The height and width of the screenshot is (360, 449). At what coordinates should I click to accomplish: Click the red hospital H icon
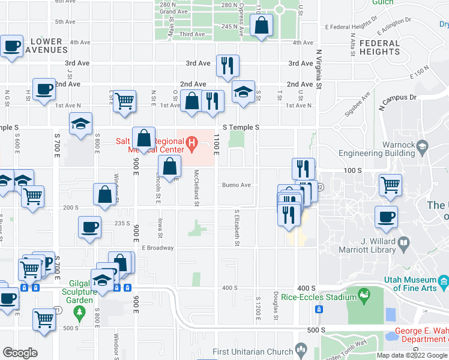(191, 143)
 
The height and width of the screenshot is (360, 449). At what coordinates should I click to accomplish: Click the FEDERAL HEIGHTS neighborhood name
(379, 47)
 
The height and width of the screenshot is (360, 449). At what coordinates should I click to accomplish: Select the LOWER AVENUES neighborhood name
(46, 46)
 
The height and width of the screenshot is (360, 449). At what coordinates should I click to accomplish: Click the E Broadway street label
(157, 248)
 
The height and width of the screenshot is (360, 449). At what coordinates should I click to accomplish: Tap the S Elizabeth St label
(237, 228)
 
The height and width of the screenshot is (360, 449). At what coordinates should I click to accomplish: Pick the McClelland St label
(196, 187)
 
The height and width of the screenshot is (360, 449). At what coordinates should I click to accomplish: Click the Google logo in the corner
(20, 353)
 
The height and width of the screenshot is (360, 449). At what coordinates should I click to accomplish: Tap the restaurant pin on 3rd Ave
(228, 66)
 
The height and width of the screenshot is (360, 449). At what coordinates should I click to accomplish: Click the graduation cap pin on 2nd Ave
(243, 92)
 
